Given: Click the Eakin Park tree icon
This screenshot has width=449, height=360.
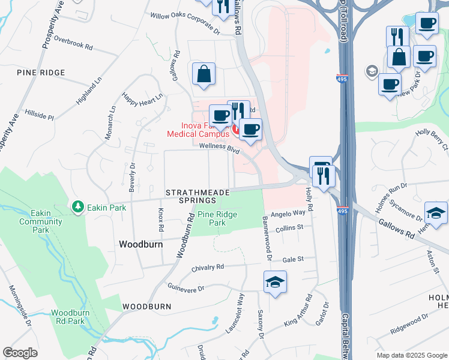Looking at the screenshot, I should click(x=77, y=207).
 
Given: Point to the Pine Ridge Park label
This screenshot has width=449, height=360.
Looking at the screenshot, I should click(x=217, y=218).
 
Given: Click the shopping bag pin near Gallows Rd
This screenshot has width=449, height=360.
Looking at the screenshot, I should click(x=204, y=74).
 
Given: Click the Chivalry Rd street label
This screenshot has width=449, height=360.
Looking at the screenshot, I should click(x=208, y=267).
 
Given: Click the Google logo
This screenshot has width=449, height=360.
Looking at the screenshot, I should click(x=20, y=353).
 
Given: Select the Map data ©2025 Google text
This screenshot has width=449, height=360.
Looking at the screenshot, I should click(x=411, y=355).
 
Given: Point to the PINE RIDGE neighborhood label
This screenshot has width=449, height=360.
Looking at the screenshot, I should click(x=41, y=73).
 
